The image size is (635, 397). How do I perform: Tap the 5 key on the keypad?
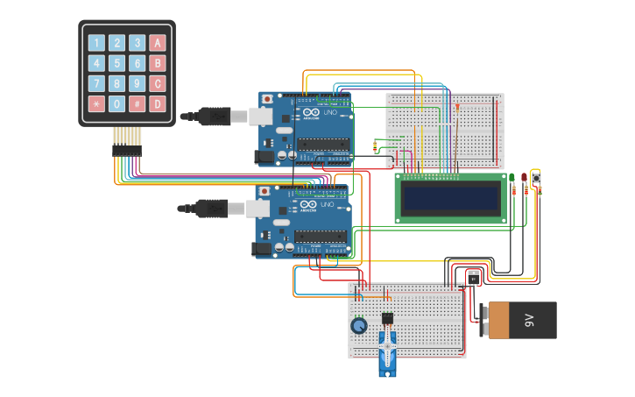pos(116,63)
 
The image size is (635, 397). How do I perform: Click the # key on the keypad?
pos(138,104)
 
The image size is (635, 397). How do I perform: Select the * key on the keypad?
pos(95,104)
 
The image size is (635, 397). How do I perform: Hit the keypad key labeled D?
pos(158,104)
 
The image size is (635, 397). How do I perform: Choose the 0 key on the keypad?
pos(116,104)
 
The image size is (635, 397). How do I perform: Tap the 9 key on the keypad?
pos(138,84)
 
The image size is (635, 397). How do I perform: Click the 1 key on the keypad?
pos(95,42)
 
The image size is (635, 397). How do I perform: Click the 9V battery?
pos(522,321)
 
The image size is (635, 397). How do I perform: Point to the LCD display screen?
pos(451,198)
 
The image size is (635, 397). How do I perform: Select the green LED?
pos(512,178)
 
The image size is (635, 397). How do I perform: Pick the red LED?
pos(525,178)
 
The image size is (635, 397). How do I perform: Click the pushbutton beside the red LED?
pos(537,177)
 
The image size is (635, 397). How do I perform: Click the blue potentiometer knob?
pos(358,325)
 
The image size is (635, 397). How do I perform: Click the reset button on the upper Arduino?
pos(266,99)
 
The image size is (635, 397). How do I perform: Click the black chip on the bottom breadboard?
pos(388,317)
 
